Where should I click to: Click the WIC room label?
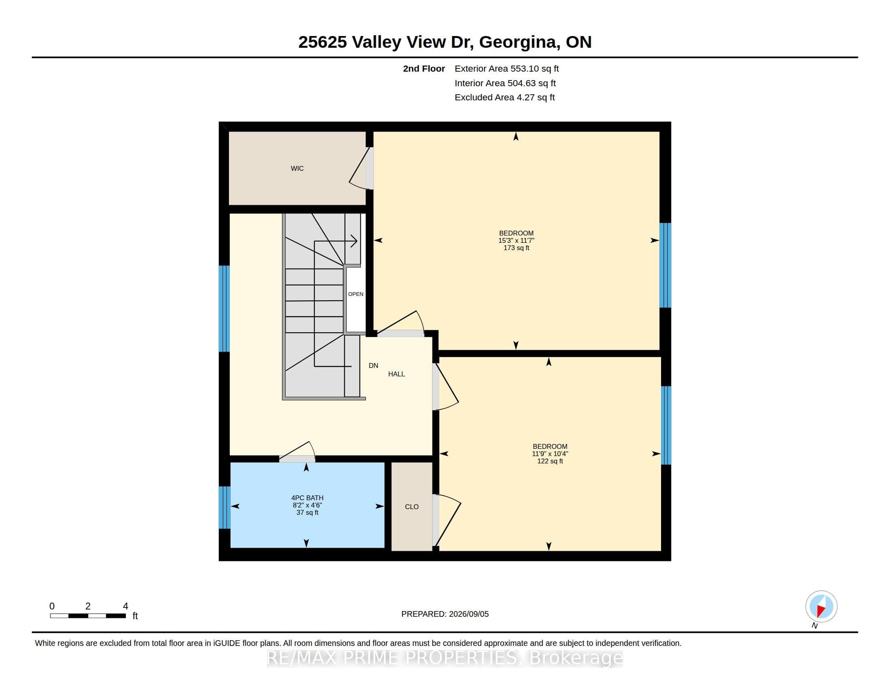click(x=297, y=168)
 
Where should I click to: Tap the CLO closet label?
click(x=411, y=507)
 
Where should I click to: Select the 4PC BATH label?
click(x=307, y=498)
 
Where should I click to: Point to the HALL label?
click(x=396, y=374)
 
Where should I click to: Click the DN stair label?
click(x=373, y=365)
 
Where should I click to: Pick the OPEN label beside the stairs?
click(x=356, y=294)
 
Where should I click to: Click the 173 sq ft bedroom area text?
click(x=516, y=248)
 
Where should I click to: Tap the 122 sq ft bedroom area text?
click(x=550, y=461)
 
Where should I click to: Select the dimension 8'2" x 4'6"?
click(x=307, y=505)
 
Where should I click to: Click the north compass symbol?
click(x=821, y=607)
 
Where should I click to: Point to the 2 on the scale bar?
click(x=88, y=606)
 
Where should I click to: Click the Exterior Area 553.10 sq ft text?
click(x=506, y=68)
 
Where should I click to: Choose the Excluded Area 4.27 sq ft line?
click(x=504, y=98)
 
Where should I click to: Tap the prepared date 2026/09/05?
click(x=468, y=614)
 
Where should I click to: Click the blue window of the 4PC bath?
click(x=225, y=508)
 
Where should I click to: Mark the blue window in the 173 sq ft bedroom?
click(x=665, y=265)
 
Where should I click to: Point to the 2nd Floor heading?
click(x=424, y=68)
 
